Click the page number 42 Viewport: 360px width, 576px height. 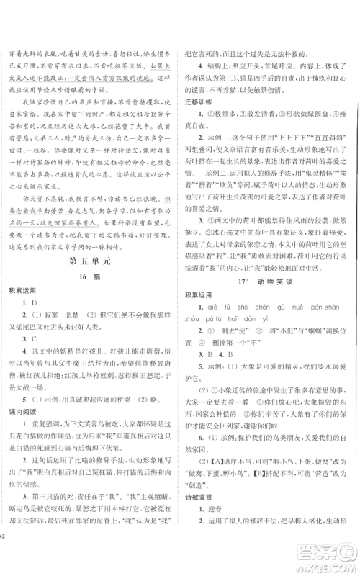(5, 558)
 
